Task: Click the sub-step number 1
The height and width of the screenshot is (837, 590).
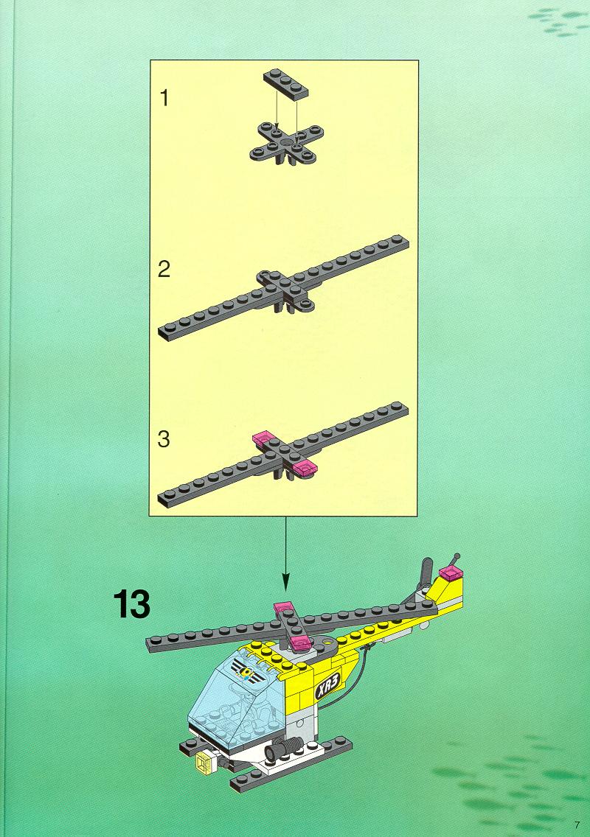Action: tap(164, 98)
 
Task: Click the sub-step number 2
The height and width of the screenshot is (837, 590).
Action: tap(164, 268)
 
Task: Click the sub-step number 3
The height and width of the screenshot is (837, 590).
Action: tap(164, 439)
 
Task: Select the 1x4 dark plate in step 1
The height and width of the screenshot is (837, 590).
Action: tap(286, 85)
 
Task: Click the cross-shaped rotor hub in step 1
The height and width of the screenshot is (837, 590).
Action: tap(286, 143)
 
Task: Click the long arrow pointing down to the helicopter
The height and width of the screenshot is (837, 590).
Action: tap(285, 553)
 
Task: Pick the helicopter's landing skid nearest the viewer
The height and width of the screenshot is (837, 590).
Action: tap(292, 764)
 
